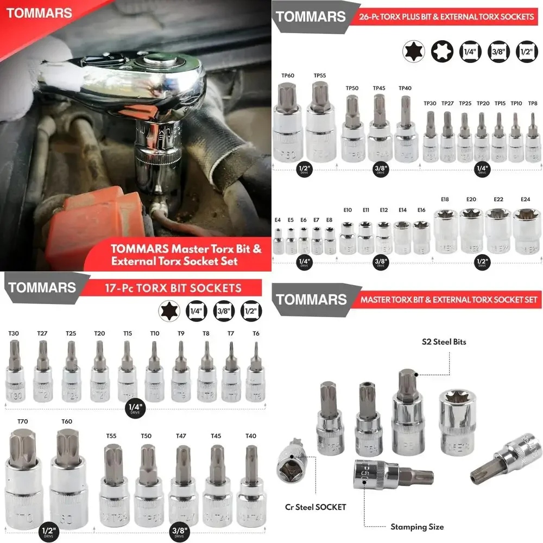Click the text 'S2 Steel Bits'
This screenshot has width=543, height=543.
click(x=444, y=342)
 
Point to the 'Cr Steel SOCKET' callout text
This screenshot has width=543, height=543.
click(x=315, y=507)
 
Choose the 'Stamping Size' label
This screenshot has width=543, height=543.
click(x=417, y=527)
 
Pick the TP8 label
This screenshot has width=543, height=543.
click(x=533, y=103)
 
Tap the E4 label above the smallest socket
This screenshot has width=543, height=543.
click(x=277, y=220)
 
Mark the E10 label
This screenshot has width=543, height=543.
click(x=348, y=210)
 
